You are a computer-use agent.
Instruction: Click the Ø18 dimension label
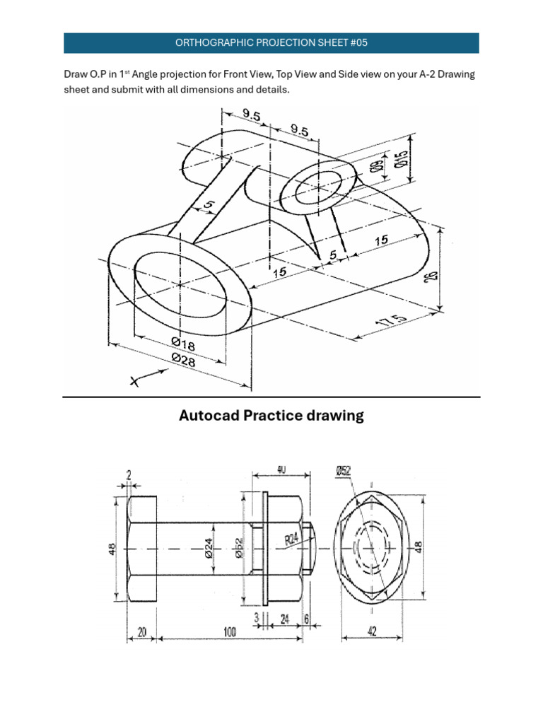tap(182, 344)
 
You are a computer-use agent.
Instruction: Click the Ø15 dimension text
tap(402, 157)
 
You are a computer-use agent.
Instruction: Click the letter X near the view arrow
tap(134, 382)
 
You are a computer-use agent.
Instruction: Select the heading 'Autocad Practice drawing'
tap(271, 416)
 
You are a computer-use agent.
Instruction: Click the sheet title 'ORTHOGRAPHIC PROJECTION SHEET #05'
tap(271, 42)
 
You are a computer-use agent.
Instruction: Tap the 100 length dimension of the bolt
tap(230, 633)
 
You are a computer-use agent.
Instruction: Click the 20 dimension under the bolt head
tap(142, 633)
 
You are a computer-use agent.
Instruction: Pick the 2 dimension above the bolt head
tap(129, 476)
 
